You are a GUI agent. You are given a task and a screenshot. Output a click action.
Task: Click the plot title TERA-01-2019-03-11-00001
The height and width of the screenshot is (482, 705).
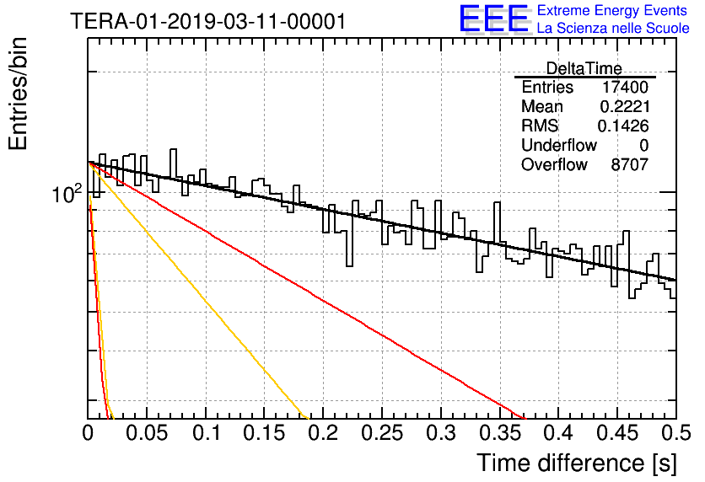point(208,21)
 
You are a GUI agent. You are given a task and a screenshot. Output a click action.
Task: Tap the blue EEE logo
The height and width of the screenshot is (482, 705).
point(494,19)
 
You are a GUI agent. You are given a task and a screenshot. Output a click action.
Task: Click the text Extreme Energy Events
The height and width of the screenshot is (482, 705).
point(612,10)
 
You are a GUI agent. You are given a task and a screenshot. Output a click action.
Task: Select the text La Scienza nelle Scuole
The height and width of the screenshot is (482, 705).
point(613,28)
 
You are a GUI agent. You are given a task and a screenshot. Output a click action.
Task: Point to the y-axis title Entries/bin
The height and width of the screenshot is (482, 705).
point(18,94)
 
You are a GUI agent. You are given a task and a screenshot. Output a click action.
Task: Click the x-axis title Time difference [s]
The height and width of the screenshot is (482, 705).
point(577,463)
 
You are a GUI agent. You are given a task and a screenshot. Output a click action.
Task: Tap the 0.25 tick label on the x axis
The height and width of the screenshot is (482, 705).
point(382,433)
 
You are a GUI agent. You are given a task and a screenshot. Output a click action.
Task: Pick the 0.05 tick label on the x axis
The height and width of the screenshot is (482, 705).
point(147,433)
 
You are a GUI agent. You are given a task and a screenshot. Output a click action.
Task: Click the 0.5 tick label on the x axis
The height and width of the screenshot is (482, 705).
point(676,433)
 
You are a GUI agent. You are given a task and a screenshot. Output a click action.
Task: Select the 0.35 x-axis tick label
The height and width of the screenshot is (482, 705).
point(499,433)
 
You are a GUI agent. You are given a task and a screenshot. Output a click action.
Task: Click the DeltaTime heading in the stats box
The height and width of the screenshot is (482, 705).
point(584,68)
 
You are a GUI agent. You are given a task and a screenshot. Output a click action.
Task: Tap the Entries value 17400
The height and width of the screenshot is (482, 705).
point(625,87)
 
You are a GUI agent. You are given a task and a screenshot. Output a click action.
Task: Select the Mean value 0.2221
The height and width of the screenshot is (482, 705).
point(625,106)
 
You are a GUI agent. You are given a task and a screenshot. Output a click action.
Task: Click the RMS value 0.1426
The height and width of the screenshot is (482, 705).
point(623,126)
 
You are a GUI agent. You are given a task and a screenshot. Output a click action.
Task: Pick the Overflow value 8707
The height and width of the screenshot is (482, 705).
point(629,164)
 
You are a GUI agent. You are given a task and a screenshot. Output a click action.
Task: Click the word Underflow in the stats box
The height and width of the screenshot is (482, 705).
point(559,145)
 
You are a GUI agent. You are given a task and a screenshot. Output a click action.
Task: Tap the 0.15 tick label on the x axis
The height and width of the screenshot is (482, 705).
point(264,433)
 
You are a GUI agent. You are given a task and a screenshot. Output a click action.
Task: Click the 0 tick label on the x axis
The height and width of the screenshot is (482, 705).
point(88,433)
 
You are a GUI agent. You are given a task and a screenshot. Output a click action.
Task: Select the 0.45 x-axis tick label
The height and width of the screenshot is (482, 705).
point(617,433)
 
